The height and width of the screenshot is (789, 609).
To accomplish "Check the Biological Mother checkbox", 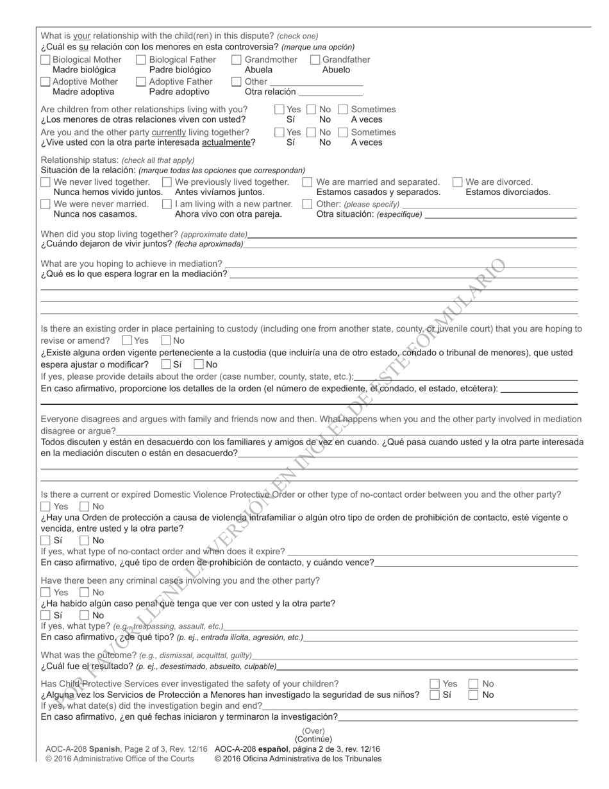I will (46, 60).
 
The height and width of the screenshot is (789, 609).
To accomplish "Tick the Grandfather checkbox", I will (315, 60).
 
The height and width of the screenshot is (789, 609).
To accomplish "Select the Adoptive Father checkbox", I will (141, 81).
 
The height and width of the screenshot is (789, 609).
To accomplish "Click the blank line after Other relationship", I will (316, 81).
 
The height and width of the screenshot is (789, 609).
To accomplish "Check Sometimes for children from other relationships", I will (344, 110).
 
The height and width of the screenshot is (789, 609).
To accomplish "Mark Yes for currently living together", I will (279, 132).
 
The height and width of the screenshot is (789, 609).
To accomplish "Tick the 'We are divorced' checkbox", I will (458, 182).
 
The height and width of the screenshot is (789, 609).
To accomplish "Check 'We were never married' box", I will (46, 204).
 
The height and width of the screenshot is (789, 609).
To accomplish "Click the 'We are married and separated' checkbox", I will (307, 182).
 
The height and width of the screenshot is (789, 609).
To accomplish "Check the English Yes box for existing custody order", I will (127, 341).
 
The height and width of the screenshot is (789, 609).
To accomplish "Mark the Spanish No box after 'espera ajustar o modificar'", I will (199, 364).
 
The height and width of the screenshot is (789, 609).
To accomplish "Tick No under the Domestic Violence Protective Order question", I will (85, 506).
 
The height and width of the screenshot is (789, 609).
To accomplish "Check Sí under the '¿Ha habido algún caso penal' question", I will (46, 615).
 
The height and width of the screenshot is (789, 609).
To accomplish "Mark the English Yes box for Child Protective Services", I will (435, 684).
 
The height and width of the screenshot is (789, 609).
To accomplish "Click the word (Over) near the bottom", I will (313, 731).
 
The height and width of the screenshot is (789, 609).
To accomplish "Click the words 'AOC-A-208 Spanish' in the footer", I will (81, 749).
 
